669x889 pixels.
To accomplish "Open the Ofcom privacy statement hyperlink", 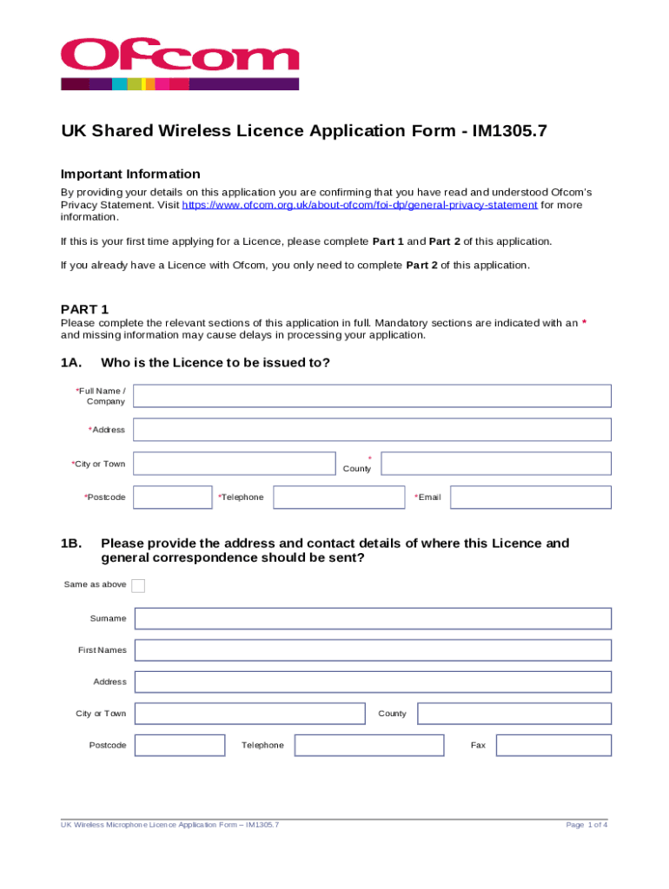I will (359, 205).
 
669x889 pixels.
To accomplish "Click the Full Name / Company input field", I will (372, 396).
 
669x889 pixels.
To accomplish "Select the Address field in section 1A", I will (372, 430).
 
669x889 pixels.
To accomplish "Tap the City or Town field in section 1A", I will (234, 464).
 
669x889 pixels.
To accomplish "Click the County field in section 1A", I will (496, 464).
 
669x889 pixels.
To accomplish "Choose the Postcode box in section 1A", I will (172, 497).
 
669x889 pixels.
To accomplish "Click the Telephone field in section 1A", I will (339, 497).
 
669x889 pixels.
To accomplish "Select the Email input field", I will (530, 497).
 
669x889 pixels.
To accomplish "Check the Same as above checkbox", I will (138, 585).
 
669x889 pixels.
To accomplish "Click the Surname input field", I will (373, 618).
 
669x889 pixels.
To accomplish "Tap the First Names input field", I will (373, 650).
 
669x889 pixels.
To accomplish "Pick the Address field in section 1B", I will (373, 682).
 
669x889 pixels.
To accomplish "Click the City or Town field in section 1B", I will (250, 714).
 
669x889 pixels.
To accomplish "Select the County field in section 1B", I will (514, 714).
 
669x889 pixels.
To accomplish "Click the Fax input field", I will (553, 745).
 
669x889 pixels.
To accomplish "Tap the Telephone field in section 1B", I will (369, 745).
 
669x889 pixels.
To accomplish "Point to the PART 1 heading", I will (84, 309).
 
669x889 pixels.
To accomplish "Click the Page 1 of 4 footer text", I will (586, 825).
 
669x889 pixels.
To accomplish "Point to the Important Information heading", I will (130, 174).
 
